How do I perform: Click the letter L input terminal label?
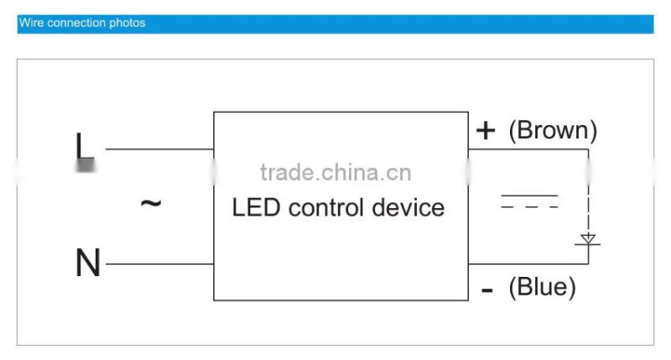click(85, 152)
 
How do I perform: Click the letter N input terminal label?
click(88, 263)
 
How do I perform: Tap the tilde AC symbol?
click(151, 203)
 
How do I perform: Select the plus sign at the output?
click(486, 130)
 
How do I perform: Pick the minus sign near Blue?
click(487, 290)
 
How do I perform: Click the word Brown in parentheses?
click(553, 130)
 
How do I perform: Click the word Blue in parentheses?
click(542, 287)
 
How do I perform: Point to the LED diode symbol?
click(588, 240)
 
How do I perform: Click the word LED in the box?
click(256, 207)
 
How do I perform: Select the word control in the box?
click(326, 207)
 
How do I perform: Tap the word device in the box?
click(408, 207)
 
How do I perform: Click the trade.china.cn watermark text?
click(335, 173)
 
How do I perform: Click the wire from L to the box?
click(159, 149)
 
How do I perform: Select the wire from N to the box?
click(159, 264)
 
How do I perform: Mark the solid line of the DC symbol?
click(529, 196)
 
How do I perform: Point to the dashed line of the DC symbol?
click(529, 207)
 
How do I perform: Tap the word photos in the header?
click(127, 23)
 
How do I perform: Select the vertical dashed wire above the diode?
click(589, 191)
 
